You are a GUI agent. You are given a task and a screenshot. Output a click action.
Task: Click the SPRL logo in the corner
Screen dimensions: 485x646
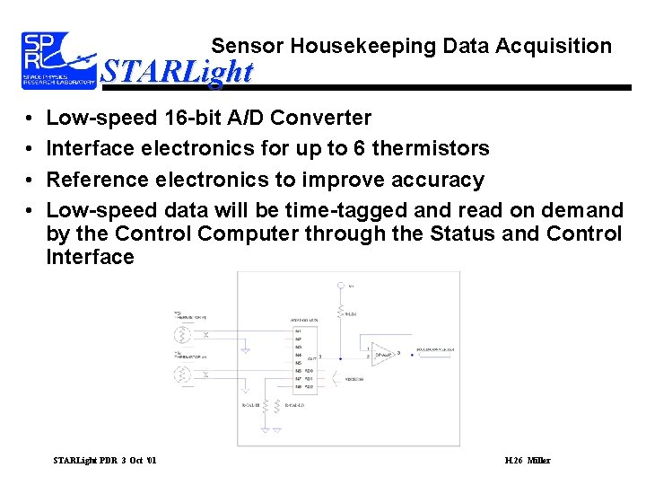tap(58, 60)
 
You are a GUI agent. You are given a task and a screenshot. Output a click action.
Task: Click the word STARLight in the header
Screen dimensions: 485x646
tap(177, 71)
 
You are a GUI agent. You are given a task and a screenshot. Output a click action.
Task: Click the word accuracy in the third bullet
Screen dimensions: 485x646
tap(433, 180)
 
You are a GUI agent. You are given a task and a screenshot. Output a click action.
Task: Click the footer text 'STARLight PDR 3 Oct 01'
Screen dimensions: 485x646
tap(105, 461)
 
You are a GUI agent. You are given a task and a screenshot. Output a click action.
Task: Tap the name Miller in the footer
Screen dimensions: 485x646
tap(539, 461)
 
